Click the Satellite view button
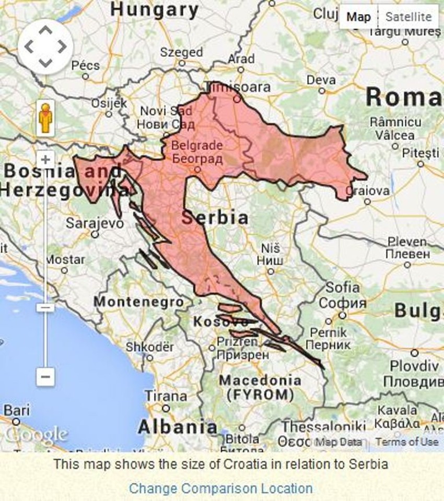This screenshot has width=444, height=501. coord(408,17)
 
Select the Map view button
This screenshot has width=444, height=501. coord(358,17)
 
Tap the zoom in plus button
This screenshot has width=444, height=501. coord(45,160)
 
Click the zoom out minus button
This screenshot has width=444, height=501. coord(45,376)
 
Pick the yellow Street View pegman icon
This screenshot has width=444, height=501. coord(45,118)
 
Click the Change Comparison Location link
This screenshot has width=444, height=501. coord(220,488)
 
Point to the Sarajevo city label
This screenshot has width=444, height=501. coord(95,223)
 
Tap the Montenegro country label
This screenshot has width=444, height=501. coord(138,302)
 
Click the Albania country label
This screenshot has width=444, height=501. coord(177,427)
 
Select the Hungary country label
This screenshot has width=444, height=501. coord(155,9)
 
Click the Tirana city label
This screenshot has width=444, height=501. coord(165,396)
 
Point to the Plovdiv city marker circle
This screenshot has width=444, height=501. coord(414,353)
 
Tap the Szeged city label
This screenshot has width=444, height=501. coord(181,52)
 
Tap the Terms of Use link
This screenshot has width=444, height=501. coord(406,442)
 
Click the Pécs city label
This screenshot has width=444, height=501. coord(85,65)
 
